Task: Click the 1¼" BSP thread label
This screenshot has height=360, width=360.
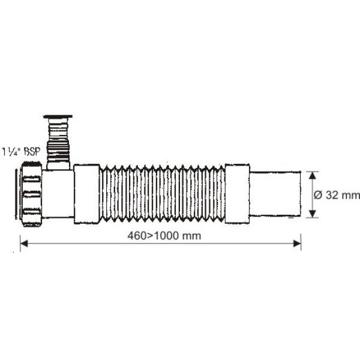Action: (x=21, y=152)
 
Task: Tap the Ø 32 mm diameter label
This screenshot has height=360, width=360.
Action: (x=337, y=195)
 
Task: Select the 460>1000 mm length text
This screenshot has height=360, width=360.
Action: (x=164, y=236)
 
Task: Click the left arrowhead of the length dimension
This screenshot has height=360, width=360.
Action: (x=24, y=244)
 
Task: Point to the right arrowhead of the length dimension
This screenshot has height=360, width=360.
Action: (x=297, y=244)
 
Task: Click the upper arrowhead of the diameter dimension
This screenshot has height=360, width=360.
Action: (x=312, y=175)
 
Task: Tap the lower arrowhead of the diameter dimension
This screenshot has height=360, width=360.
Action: (x=312, y=214)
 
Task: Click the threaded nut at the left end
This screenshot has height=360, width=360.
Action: (x=31, y=194)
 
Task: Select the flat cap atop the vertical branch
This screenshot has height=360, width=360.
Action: (x=58, y=117)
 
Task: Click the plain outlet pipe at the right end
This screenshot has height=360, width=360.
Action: (x=275, y=194)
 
